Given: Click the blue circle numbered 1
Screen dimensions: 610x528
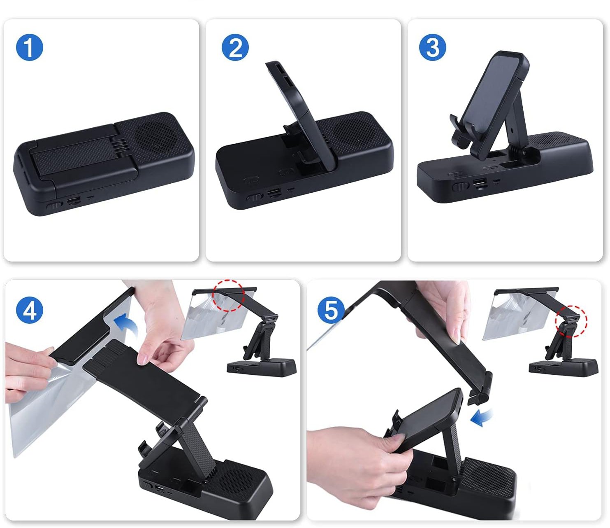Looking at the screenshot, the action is coord(29,47).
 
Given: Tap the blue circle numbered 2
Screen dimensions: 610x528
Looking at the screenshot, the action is coord(235,47).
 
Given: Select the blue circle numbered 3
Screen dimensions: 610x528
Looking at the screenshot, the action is coord(433,47).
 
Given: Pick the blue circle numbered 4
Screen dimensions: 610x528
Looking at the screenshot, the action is coord(30,310).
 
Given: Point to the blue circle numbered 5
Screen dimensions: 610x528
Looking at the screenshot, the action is coord(331,310).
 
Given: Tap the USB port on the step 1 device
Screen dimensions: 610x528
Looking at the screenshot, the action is coord(74,201).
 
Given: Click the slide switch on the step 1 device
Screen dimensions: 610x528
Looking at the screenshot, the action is coord(54,206).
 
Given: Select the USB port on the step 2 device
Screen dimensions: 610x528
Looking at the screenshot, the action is coord(274,193).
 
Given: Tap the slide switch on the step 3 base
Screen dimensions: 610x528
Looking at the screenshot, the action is coord(460,187).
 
